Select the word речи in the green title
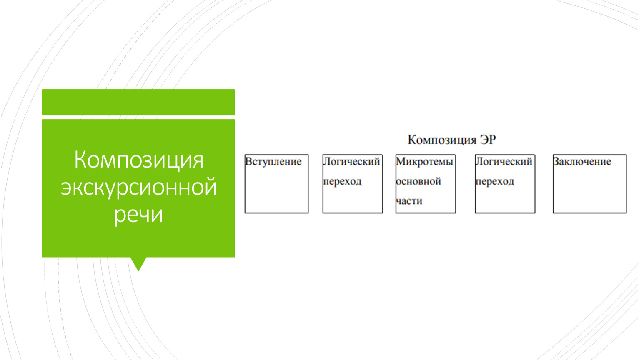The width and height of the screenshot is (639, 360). [x=139, y=215]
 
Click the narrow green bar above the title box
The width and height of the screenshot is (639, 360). [x=138, y=102]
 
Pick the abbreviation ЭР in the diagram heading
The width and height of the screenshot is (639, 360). [x=488, y=140]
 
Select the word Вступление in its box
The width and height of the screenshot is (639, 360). [x=273, y=162]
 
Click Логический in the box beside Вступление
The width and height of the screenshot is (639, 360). [x=351, y=162]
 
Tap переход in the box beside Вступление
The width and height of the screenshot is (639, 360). [x=342, y=181]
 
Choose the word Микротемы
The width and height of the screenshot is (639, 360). [x=424, y=162]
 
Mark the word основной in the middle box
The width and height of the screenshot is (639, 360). [x=418, y=181]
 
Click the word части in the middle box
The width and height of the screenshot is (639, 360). [x=409, y=201]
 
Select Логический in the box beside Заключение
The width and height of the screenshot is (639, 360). [x=504, y=162]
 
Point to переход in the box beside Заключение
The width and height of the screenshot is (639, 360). [x=495, y=181]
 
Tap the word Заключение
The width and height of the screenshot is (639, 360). [x=582, y=162]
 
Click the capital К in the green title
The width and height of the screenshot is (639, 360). [x=80, y=160]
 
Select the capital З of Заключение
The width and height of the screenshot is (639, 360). [x=556, y=161]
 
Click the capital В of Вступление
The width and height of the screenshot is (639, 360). [x=248, y=161]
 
